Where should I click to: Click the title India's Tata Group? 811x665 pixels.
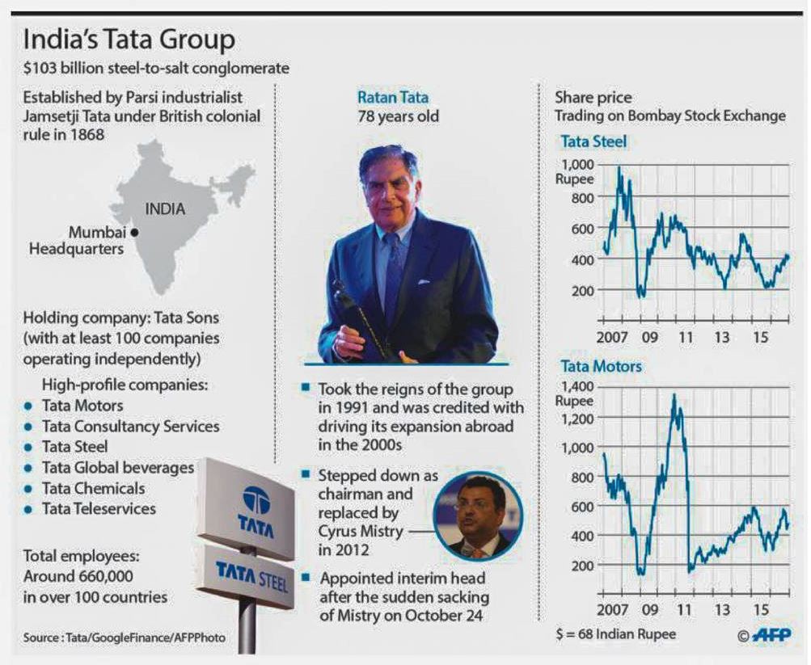click(x=129, y=40)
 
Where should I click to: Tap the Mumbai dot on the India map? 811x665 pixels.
click(x=134, y=233)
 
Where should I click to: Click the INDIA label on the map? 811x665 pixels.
click(x=165, y=209)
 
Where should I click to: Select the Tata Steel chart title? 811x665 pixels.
click(x=593, y=142)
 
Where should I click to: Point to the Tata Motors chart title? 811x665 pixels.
click(x=601, y=366)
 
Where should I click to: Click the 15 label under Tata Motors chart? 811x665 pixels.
click(x=761, y=608)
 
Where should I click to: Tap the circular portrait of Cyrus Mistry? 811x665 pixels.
click(x=478, y=517)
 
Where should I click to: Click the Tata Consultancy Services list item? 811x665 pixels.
click(x=130, y=426)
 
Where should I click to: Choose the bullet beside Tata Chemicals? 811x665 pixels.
click(x=28, y=490)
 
